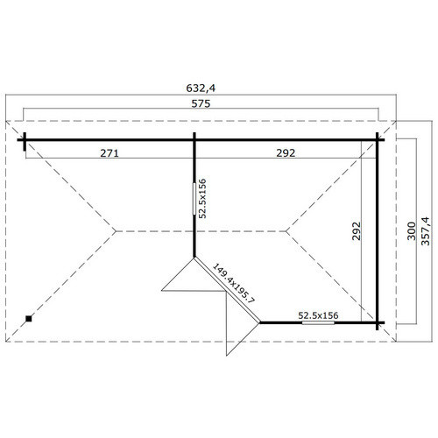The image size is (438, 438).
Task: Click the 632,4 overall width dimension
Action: [201, 88]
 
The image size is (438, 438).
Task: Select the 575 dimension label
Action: [201, 103]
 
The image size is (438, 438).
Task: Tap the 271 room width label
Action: [109, 153]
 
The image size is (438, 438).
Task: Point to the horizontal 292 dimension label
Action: [286, 153]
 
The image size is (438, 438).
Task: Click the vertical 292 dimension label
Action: [357, 231]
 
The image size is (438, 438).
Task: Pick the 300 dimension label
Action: [411, 231]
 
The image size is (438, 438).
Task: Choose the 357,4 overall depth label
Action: [426, 231]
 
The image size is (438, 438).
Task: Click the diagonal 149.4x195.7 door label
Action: [234, 283]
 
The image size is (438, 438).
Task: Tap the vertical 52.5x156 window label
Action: [202, 199]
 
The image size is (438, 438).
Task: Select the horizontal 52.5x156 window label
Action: [318, 315]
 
